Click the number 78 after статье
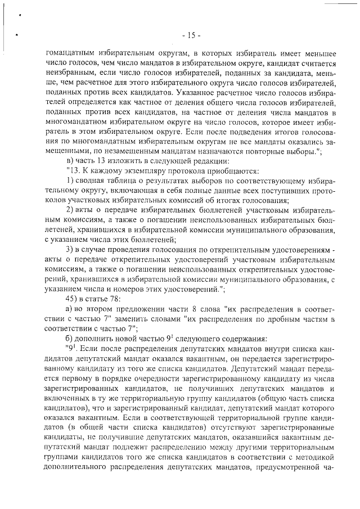(x=114, y=298)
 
